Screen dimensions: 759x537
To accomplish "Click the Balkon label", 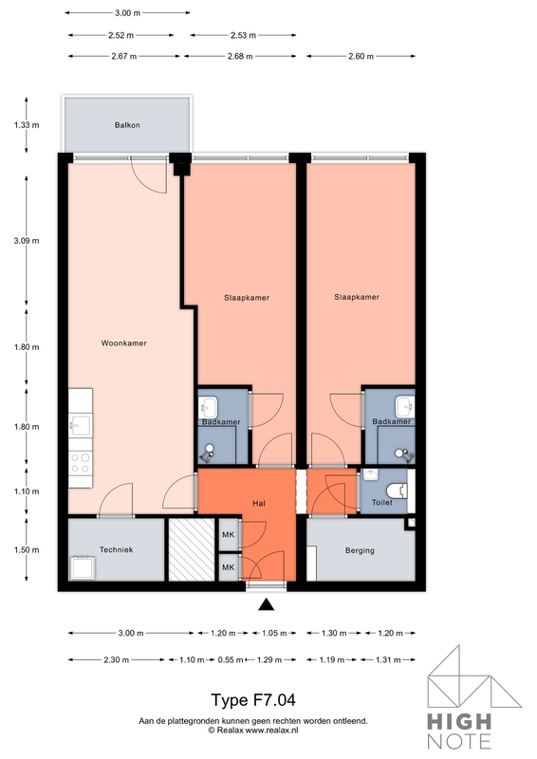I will tap(127, 125).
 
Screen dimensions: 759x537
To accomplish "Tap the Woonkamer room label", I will tap(123, 344).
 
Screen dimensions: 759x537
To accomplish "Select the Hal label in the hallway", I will tap(258, 503).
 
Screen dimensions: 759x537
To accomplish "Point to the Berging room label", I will tap(360, 550).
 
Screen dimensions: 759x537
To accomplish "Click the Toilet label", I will tap(382, 504).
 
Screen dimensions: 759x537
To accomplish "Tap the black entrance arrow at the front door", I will tap(267, 605).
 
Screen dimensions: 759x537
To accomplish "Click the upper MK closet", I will tap(229, 536).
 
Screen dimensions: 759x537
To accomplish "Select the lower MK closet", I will tap(229, 567).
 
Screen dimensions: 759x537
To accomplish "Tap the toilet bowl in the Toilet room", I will tap(402, 491).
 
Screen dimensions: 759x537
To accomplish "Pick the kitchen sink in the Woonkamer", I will tap(80, 424).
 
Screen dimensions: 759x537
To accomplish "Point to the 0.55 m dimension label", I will tap(228, 658).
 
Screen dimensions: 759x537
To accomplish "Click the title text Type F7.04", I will tap(253, 701).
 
